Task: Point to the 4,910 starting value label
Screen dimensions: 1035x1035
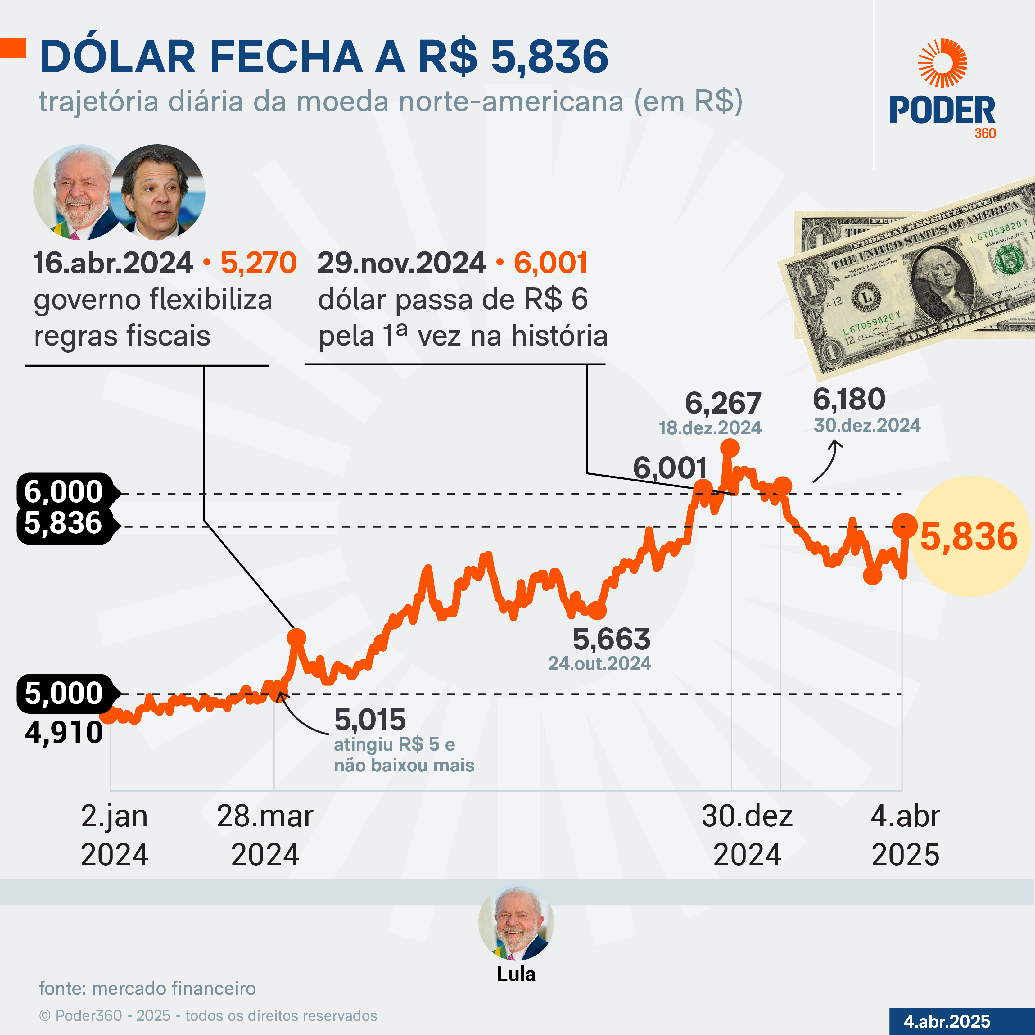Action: point(64,732)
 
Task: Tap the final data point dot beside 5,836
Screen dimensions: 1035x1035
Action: point(905,525)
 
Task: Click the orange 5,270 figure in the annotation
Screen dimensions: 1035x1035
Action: point(259,263)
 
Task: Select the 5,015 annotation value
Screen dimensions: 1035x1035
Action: point(370,720)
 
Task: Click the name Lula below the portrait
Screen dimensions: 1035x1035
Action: point(516,974)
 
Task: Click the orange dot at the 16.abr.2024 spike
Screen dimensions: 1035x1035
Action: point(296,638)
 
